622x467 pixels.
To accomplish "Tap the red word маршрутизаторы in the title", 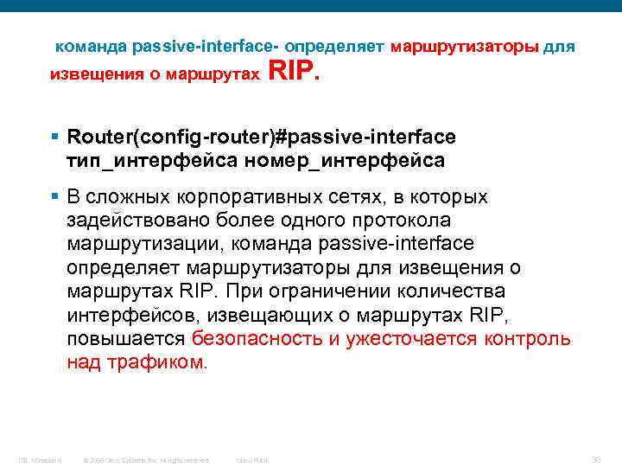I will coord(465,45).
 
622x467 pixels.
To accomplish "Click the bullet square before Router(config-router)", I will coord(54,136).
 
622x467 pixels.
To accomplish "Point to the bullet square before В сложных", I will coord(54,197).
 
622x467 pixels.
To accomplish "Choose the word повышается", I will coord(125,337).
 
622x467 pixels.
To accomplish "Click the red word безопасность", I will coord(257,337).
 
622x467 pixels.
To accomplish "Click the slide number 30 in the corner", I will coord(594,457).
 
